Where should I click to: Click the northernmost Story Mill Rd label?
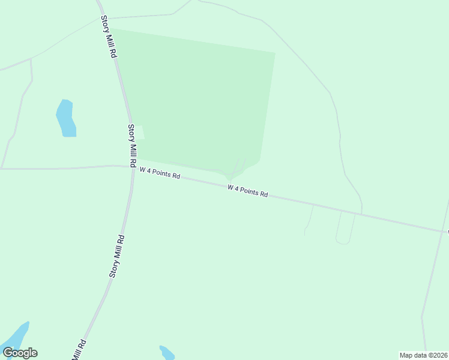click(108, 37)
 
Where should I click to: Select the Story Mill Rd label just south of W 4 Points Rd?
click(117, 256)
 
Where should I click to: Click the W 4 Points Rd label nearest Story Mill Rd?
click(160, 173)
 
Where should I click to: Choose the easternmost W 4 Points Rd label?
click(247, 191)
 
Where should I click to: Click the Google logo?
click(20, 353)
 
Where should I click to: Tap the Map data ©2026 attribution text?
click(423, 355)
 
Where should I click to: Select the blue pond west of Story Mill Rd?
click(65, 118)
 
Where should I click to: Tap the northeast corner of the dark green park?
click(275, 53)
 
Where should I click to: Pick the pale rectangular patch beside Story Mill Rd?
click(140, 132)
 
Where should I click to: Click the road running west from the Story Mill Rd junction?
click(60, 169)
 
